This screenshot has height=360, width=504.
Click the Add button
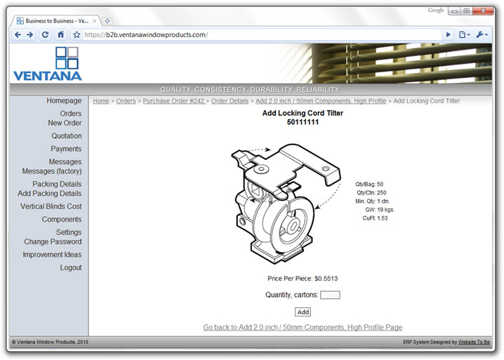tap(303, 312)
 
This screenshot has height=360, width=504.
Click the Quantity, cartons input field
tap(330, 295)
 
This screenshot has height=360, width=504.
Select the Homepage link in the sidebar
tap(64, 101)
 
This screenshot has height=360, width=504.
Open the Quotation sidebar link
tap(66, 136)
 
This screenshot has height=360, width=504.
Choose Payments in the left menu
tap(66, 149)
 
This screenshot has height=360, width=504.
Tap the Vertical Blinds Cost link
tap(51, 206)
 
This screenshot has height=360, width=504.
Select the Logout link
tap(70, 267)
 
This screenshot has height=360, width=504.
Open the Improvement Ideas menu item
tap(52, 255)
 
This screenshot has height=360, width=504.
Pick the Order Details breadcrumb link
tap(230, 101)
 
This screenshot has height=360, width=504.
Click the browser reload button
tap(45, 34)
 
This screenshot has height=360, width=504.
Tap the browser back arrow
tap(18, 34)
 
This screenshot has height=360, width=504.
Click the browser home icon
tap(61, 34)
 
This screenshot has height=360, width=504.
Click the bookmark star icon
tap(77, 34)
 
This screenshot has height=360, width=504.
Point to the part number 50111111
tap(303, 122)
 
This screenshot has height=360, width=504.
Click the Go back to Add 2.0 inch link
tap(303, 327)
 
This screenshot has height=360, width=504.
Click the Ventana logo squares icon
tap(67, 58)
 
